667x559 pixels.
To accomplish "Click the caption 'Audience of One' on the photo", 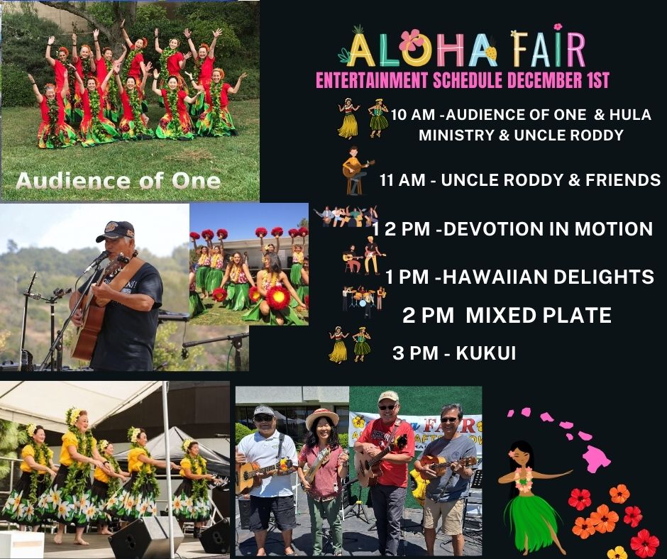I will (x=118, y=181).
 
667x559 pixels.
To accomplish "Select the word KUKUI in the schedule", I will (x=477, y=353).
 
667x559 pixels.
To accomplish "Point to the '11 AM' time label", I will (x=402, y=180).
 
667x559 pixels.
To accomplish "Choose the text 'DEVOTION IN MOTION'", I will (x=550, y=229).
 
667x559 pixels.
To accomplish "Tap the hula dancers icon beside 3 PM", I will (x=350, y=344).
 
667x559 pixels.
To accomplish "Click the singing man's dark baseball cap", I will (x=115, y=231).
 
